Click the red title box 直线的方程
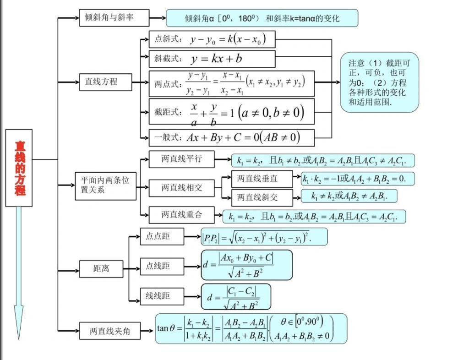pyautogui.click(x=19, y=168)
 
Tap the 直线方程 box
pyautogui.click(x=105, y=82)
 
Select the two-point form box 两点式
pyautogui.click(x=231, y=83)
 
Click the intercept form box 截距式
pyautogui.click(x=231, y=111)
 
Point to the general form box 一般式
pyautogui.click(x=231, y=137)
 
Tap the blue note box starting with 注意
pyautogui.click(x=379, y=82)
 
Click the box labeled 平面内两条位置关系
pyautogui.click(x=105, y=185)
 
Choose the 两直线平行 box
pyautogui.click(x=181, y=159)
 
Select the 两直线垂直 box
pyautogui.click(x=261, y=178)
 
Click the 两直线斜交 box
pyautogui.click(x=261, y=197)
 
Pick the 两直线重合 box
pyautogui.click(x=181, y=214)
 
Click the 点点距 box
pyautogui.click(x=161, y=236)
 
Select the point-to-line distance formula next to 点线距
pyautogui.click(x=246, y=265)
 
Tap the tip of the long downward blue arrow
pyautogui.click(x=19, y=337)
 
